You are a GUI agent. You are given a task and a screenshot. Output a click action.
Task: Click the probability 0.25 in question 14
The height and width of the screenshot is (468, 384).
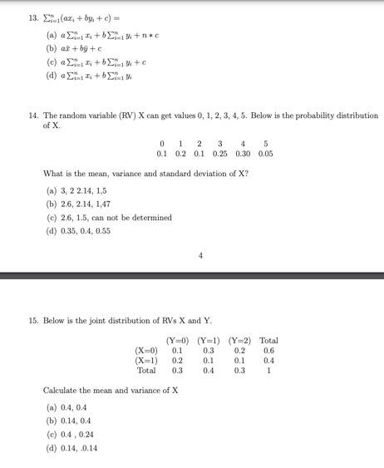click(219, 154)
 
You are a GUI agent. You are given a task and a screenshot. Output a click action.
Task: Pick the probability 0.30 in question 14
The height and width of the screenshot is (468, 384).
click(243, 154)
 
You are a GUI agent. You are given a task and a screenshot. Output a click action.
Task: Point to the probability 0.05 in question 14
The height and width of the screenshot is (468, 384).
click(265, 154)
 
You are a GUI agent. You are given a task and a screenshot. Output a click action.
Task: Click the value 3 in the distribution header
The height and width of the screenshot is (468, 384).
click(219, 143)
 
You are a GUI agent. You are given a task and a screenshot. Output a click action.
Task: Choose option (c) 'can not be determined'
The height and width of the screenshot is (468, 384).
click(109, 218)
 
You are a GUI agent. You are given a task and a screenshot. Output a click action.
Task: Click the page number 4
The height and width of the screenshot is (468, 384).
click(200, 256)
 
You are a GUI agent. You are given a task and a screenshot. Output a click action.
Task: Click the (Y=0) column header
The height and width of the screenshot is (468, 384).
click(177, 340)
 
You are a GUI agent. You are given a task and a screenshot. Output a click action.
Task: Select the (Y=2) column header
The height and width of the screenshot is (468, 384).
click(239, 340)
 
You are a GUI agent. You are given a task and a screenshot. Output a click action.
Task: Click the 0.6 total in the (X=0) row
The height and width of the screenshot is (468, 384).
click(268, 350)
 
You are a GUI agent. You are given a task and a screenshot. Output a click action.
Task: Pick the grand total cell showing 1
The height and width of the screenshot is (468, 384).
click(268, 371)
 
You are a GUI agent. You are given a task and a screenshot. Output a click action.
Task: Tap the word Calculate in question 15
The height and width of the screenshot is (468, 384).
click(61, 390)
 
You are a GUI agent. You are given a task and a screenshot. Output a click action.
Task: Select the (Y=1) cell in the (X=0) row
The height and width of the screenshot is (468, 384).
click(209, 350)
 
